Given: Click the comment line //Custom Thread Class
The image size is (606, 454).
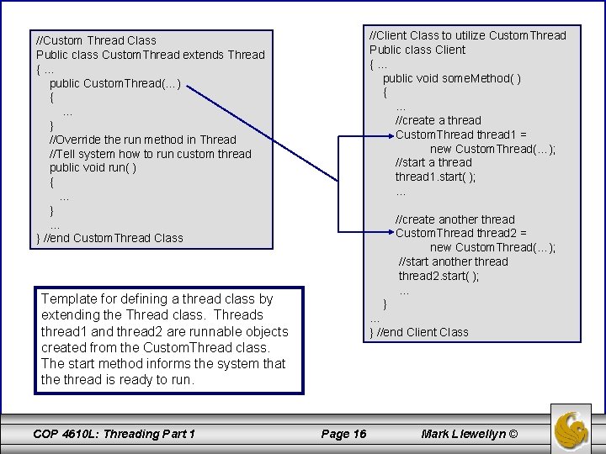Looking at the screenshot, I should coord(96,40).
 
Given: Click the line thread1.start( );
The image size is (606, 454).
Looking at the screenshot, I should coord(435,177).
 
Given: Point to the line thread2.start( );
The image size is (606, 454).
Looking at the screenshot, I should coord(439,276).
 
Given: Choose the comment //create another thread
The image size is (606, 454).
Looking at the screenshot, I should coord(454,219).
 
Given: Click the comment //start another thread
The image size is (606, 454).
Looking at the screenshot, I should coord(453,261).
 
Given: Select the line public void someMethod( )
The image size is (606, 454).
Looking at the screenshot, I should coord(451,78).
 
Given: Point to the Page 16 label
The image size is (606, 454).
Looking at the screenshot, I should coord(345,434).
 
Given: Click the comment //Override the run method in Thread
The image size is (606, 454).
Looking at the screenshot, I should coord(142,139).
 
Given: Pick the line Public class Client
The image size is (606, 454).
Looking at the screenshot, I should coord(417,50).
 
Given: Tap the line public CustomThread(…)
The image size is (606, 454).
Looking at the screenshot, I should coord(114,83).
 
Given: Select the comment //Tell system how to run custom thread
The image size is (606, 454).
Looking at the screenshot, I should coord(150,153).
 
